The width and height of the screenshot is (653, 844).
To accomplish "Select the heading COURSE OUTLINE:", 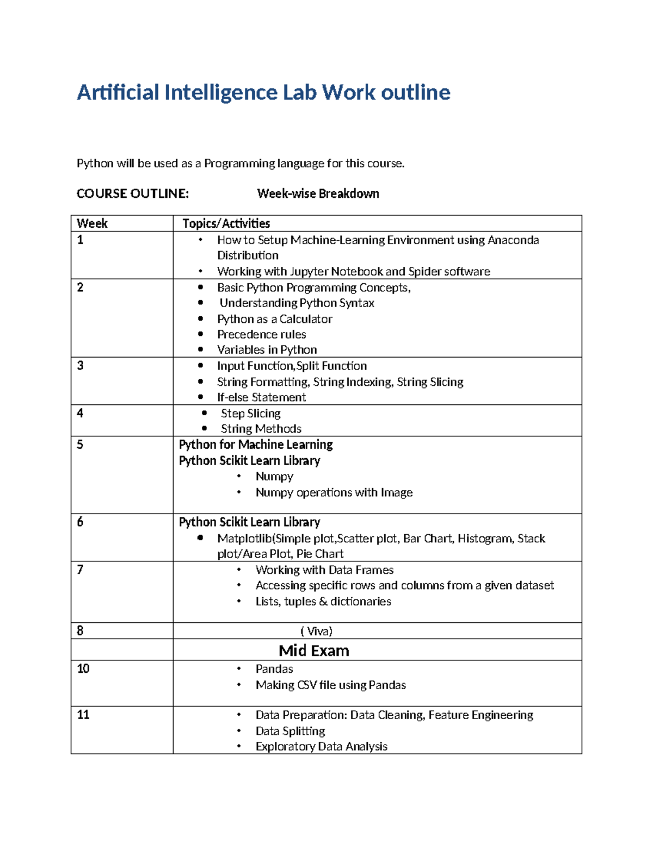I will [x=132, y=193].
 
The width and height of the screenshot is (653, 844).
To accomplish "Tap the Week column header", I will [x=92, y=223].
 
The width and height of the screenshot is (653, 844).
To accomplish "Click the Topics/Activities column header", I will [x=226, y=223].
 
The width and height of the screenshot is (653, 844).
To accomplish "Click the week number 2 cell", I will [x=81, y=287].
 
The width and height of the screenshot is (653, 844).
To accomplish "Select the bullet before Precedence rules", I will [x=201, y=334].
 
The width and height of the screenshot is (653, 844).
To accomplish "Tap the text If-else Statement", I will [x=261, y=397].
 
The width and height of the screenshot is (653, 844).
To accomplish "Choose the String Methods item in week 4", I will [x=261, y=429].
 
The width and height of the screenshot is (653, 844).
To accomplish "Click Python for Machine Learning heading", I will [x=256, y=445].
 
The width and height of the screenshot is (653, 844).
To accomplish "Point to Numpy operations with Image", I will [x=334, y=492].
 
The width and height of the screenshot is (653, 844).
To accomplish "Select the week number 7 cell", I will [x=81, y=570].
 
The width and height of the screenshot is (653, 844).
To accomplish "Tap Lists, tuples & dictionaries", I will [x=323, y=602].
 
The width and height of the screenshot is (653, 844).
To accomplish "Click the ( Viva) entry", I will [x=316, y=631].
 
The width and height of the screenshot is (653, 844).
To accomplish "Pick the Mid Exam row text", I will [x=313, y=651].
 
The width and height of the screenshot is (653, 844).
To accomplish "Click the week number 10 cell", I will [x=83, y=668].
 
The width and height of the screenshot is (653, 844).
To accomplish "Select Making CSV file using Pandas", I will [x=330, y=685].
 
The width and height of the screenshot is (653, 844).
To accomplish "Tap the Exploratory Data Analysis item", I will [x=321, y=747].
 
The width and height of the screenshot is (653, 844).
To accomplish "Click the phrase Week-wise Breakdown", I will [x=318, y=193].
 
